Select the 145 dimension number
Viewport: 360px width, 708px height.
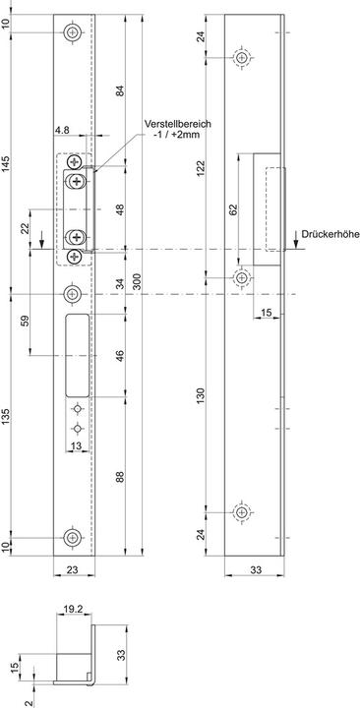(9, 170)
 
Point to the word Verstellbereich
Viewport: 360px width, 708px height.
(178, 123)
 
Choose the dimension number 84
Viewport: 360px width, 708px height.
(119, 92)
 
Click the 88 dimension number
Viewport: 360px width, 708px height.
(119, 478)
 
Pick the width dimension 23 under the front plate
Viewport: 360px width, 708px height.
(73, 568)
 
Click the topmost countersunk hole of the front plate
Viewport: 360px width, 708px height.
(73, 32)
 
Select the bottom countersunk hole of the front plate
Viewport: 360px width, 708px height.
(73, 537)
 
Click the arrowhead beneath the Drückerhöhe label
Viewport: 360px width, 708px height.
(295, 246)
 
